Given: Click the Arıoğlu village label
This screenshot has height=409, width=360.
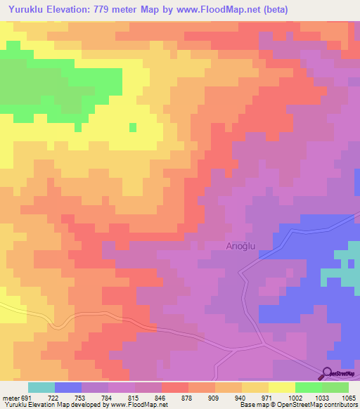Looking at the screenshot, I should pyautogui.click(x=244, y=246).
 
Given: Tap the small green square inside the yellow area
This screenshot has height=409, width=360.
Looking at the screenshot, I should pyautogui.click(x=132, y=126).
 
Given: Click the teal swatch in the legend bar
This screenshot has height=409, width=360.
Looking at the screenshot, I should pyautogui.click(x=41, y=387).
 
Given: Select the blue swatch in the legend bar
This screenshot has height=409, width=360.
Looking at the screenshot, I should pyautogui.click(x=67, y=387).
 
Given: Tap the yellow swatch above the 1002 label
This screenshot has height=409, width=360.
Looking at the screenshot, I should pyautogui.click(x=281, y=387).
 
